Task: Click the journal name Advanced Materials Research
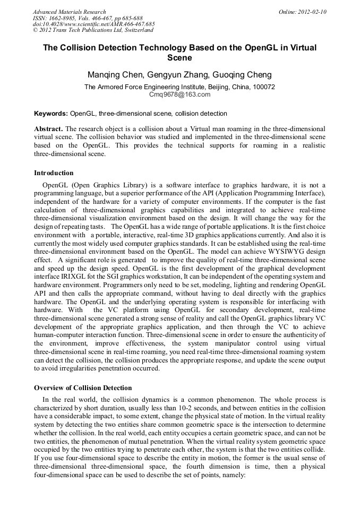(70, 12)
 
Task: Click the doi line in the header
(93, 24)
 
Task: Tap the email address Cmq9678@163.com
(179, 94)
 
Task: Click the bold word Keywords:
(51, 114)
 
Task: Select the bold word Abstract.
(48, 129)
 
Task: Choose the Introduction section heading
(54, 173)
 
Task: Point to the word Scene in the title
(179, 57)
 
